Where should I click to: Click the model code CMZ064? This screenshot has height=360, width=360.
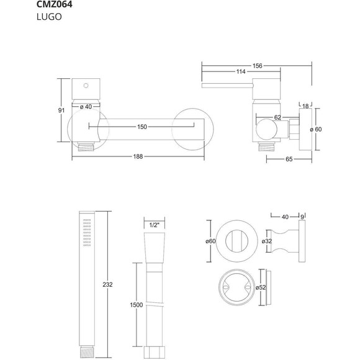coord(55,4)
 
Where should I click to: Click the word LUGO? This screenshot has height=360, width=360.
coord(49,17)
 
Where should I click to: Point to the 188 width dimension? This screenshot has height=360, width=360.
coord(138,156)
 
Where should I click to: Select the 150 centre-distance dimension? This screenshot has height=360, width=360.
coord(142,127)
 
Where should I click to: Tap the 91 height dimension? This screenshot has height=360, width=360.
coord(61,110)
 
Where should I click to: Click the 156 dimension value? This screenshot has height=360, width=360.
coord(258,66)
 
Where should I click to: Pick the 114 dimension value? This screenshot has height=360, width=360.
coord(241,72)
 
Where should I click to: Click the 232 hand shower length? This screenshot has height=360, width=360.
coord(107,285)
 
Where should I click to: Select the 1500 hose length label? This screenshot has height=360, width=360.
coord(137,305)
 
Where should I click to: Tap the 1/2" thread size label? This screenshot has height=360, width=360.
coord(155,225)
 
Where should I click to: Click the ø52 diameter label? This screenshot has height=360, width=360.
coord(261,287)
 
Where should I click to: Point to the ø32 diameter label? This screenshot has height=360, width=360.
coord(267,241)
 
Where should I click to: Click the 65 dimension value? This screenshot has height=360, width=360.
coord(289,159)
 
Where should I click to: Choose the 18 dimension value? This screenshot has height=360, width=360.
coord(305,106)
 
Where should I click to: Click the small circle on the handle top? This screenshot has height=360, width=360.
coord(86,86)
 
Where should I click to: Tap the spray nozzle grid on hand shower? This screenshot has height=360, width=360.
coord(87,232)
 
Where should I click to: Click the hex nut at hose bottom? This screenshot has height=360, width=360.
coord(155,352)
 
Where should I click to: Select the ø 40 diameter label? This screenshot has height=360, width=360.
coord(86,107)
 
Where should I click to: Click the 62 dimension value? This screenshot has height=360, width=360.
coord(277,117)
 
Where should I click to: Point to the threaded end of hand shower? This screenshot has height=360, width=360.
coord(87,352)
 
